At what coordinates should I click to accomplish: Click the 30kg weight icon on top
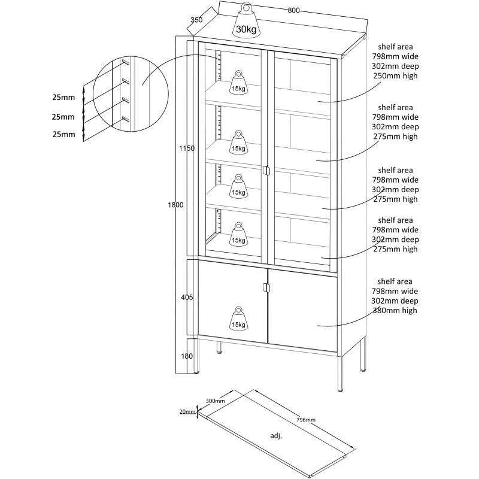pyautogui.click(x=245, y=21)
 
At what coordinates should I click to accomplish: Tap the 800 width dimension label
pyautogui.click(x=293, y=10)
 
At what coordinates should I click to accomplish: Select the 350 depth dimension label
pyautogui.click(x=196, y=20)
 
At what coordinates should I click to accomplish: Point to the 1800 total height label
pyautogui.click(x=175, y=205)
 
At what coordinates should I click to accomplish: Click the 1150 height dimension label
pyautogui.click(x=187, y=148)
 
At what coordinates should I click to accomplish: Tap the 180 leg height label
pyautogui.click(x=187, y=356)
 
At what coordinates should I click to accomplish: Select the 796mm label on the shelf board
pyautogui.click(x=307, y=420)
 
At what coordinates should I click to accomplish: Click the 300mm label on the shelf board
pyautogui.click(x=216, y=401)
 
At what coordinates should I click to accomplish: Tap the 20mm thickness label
pyautogui.click(x=188, y=411)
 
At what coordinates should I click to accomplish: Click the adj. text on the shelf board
pyautogui.click(x=276, y=436)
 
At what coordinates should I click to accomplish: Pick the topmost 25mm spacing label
pyautogui.click(x=63, y=97)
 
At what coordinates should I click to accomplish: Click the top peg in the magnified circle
pyautogui.click(x=126, y=62)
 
